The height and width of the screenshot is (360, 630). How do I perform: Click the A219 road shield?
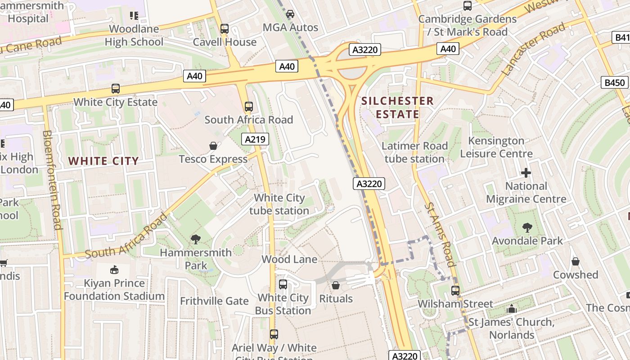coord(255,139)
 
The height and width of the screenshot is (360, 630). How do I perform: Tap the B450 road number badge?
coord(615,82)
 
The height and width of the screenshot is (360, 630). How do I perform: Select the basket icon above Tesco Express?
coord(213,146)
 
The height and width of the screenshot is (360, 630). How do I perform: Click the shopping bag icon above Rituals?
coord(336,285)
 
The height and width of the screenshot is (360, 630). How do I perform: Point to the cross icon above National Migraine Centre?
coord(526,173)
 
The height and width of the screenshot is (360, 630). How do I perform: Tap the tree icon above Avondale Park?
coord(527,228)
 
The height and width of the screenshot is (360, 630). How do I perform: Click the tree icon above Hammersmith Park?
coord(195,239)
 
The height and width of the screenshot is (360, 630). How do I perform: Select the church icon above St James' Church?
coord(511,309)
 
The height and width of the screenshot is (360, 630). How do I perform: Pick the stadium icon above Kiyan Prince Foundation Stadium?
coord(114,270)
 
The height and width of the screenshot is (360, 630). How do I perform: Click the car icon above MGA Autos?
coord(290,14)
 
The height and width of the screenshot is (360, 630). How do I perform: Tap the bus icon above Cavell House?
coord(224,29)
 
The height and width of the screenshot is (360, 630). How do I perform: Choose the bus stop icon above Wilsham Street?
coord(455,291)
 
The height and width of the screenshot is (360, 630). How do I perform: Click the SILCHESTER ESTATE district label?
coord(398,108)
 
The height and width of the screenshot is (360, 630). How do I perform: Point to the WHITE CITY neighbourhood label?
coord(103,161)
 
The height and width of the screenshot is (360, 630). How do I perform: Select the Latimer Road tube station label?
coord(414,153)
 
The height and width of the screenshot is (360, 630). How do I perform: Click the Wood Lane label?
coord(289,259)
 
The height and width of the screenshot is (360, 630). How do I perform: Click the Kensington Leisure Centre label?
coord(496,147)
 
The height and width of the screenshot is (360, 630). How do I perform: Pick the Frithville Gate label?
coord(214,301)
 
